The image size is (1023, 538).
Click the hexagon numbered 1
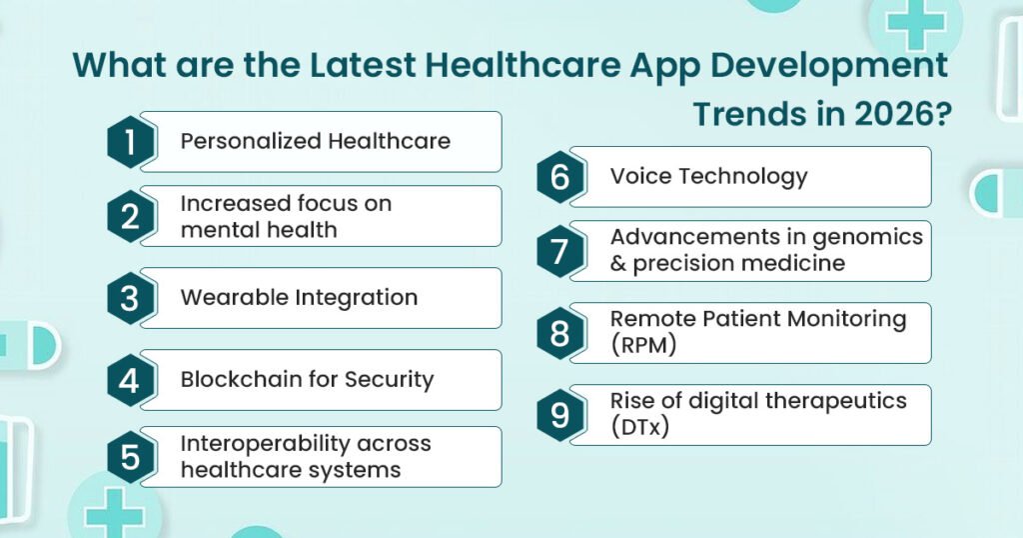(131, 142)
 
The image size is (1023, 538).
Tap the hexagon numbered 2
(131, 216)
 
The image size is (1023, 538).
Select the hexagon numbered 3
(131, 298)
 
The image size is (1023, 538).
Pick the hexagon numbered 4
(131, 380)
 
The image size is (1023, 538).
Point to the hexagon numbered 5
(131, 457)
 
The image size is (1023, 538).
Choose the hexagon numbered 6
(559, 177)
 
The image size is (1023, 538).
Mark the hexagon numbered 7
(559, 251)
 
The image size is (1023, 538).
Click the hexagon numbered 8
(559, 333)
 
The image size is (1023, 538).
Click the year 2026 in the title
(895, 114)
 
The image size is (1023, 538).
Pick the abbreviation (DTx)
(639, 428)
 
